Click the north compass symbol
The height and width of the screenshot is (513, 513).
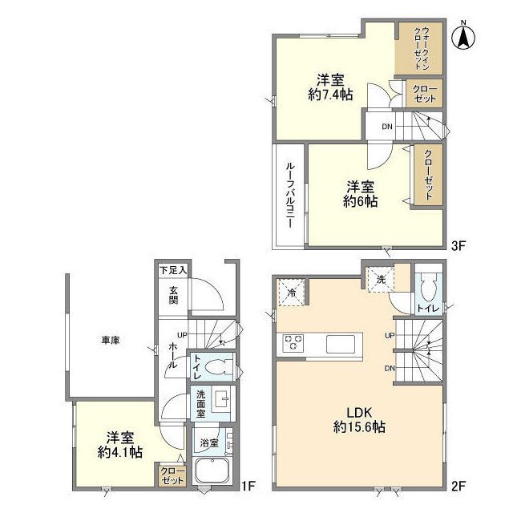[463, 36]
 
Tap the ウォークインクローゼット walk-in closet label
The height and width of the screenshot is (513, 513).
[422, 48]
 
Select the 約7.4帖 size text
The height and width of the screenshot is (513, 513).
[330, 95]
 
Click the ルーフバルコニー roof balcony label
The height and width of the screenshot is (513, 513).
[289, 195]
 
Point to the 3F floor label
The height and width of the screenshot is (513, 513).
[458, 246]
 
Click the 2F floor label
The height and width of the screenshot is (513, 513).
[458, 486]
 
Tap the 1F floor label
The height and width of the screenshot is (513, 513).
[248, 486]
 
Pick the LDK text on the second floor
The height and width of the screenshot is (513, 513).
[360, 413]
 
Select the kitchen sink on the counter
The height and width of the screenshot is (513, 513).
[340, 344]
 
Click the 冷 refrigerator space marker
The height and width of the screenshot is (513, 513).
[292, 293]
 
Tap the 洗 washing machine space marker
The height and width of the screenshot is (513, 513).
[381, 280]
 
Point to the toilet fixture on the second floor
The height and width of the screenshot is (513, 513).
[429, 287]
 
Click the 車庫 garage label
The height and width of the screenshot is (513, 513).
[111, 340]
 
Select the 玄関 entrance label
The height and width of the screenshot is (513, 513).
[173, 295]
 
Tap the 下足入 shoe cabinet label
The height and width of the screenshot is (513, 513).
[173, 270]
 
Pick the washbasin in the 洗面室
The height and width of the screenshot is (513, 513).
[223, 398]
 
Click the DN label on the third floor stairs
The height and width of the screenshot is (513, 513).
[386, 127]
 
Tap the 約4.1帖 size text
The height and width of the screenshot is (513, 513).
[120, 452]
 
